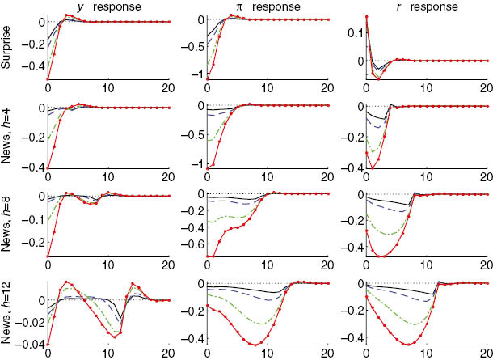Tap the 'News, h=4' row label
coord(7,135)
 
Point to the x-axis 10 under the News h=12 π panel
coord(268,354)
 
